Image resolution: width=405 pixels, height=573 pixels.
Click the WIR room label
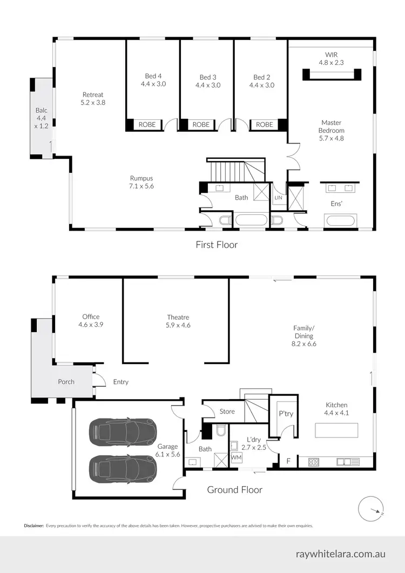point(331,58)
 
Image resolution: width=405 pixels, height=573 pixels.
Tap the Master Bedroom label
point(332,130)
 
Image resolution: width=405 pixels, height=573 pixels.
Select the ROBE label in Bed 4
point(147,125)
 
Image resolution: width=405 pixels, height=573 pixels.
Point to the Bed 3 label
point(208,81)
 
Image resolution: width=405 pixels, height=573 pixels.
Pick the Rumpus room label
point(141,182)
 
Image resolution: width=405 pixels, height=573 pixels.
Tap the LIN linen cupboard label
point(278,198)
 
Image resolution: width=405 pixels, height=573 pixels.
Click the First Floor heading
point(216,245)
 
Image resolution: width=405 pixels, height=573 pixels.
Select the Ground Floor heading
point(235,490)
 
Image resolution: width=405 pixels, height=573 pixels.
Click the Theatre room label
point(178,321)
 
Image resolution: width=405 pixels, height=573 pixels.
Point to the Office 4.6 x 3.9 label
point(91,321)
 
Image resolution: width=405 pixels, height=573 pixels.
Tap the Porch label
point(66,382)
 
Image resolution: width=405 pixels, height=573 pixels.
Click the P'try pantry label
point(285,414)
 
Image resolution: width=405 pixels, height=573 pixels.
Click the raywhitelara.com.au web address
point(341,554)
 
